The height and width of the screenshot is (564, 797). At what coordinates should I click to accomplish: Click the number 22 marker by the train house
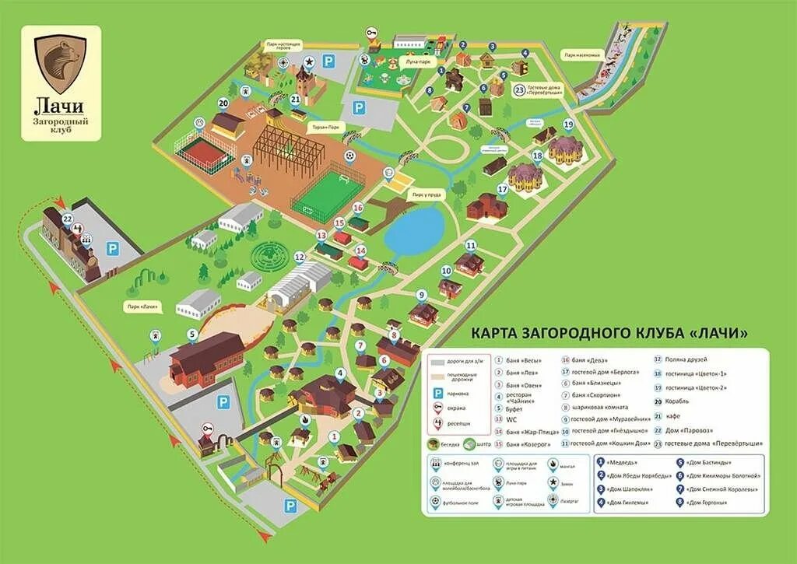click(68, 219)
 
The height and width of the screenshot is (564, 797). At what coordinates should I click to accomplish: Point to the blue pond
click(414, 230)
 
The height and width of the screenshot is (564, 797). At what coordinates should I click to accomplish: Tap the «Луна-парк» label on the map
click(418, 61)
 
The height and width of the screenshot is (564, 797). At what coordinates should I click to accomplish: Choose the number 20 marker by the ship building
click(223, 102)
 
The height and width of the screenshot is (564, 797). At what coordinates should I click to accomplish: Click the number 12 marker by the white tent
click(300, 257)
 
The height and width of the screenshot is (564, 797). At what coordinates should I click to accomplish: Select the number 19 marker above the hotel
click(568, 124)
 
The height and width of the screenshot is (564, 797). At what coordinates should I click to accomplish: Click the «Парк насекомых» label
click(582, 55)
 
